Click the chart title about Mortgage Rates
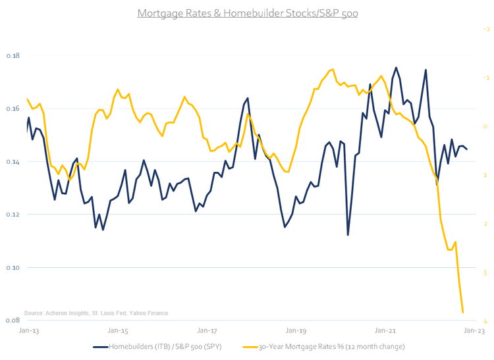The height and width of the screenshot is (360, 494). click(x=247, y=13)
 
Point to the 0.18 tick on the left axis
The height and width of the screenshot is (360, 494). click(x=13, y=55)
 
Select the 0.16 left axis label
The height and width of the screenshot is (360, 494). click(x=13, y=109)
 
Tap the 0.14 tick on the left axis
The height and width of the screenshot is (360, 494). click(x=13, y=162)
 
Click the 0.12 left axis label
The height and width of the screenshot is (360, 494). click(x=13, y=215)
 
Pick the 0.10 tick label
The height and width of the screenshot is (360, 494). click(x=13, y=268)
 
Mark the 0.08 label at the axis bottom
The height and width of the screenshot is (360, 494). click(x=13, y=321)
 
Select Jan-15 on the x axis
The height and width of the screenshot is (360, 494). click(x=117, y=330)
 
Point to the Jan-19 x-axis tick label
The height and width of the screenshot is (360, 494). click(x=295, y=330)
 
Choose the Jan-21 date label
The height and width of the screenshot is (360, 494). click(x=385, y=330)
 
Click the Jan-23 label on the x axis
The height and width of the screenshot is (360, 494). click(x=474, y=330)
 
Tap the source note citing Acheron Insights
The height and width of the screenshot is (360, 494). click(x=96, y=313)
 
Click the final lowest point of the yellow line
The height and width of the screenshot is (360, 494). click(x=463, y=312)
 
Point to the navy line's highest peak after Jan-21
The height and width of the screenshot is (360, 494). click(x=396, y=67)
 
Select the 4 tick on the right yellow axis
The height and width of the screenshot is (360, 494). click(x=486, y=321)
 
